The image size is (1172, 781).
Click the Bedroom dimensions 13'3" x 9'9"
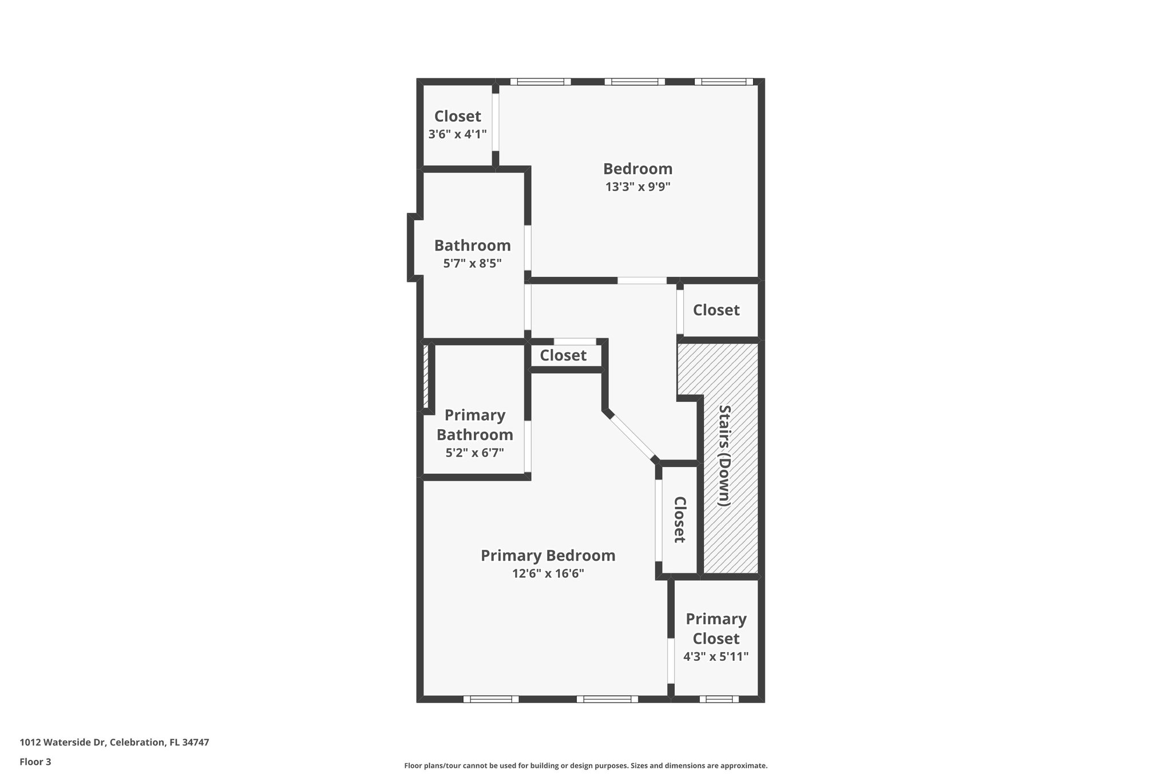(x=638, y=187)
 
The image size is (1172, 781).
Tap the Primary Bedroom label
(x=548, y=556)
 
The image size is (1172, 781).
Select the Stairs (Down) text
(x=724, y=455)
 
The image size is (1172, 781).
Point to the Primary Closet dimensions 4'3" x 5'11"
(x=716, y=656)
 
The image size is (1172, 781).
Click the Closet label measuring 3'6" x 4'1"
(x=457, y=116)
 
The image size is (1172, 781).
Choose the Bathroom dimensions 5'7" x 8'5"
(x=472, y=263)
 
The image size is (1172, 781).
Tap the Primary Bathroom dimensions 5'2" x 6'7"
(x=474, y=453)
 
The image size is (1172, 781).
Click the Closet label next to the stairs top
(x=716, y=310)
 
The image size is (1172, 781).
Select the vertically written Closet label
(x=679, y=519)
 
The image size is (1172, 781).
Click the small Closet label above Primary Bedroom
(x=563, y=355)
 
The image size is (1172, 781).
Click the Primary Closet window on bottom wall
(x=719, y=699)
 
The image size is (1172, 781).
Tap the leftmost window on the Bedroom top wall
(x=540, y=82)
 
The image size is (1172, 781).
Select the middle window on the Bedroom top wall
(x=635, y=82)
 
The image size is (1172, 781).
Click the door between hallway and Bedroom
(x=642, y=280)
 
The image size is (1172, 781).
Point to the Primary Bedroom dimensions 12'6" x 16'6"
(x=548, y=573)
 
